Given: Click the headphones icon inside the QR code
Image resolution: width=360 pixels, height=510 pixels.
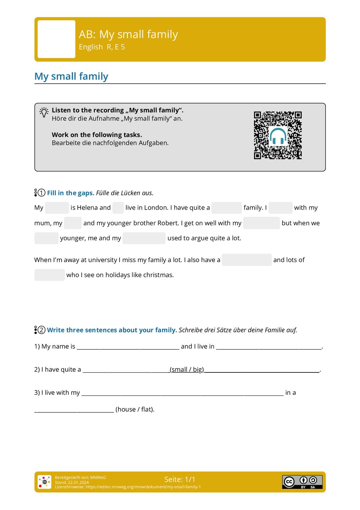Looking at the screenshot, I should tap(278, 136).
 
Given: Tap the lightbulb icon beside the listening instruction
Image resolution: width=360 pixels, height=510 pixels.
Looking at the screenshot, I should tap(44, 112).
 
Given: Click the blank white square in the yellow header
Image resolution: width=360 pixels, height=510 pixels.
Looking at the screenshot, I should tap(57, 39).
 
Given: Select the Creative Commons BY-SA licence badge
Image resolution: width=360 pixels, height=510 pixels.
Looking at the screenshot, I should tap(302, 482).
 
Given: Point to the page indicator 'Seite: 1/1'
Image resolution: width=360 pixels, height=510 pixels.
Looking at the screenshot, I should tap(180, 479).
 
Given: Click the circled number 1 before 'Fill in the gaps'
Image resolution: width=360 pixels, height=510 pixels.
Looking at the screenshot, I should tap(41, 193).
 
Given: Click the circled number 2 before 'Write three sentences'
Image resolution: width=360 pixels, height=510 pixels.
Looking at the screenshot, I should tap(41, 330).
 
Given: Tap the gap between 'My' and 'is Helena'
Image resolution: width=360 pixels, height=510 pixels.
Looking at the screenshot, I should tap(57, 208).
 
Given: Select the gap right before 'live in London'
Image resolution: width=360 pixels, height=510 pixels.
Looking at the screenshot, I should tap(118, 208).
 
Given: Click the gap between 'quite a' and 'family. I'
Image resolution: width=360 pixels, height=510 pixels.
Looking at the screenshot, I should tap(226, 208).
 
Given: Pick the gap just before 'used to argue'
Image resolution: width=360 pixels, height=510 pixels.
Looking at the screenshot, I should tap(144, 238).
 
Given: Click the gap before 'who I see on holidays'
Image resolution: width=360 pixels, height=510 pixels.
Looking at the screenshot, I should tap(50, 275).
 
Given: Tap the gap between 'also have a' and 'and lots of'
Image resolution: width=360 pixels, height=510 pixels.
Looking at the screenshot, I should tap(247, 260).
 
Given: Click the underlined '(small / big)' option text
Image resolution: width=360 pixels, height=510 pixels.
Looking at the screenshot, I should tap(187, 370).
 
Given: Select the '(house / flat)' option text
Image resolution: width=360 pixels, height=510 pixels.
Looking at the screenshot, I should tap(135, 410).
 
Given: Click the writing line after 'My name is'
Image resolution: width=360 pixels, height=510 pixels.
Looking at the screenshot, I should tap(128, 346).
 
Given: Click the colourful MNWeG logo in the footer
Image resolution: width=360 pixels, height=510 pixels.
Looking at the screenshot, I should tap(44, 482).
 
